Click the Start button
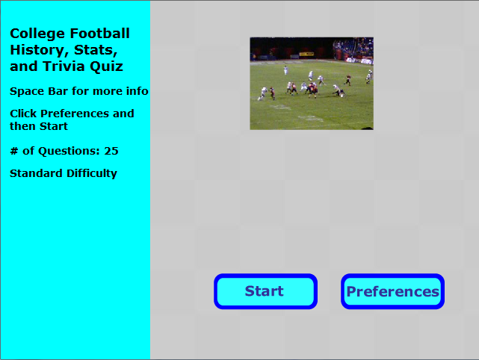point(265,291)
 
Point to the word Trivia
point(61,66)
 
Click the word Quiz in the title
point(102,67)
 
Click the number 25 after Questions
point(111,151)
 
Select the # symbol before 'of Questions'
point(14,151)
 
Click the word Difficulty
point(92,174)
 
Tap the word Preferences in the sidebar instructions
point(75,114)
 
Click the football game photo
point(312,84)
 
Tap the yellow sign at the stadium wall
point(306,55)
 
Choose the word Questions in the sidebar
point(69,151)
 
